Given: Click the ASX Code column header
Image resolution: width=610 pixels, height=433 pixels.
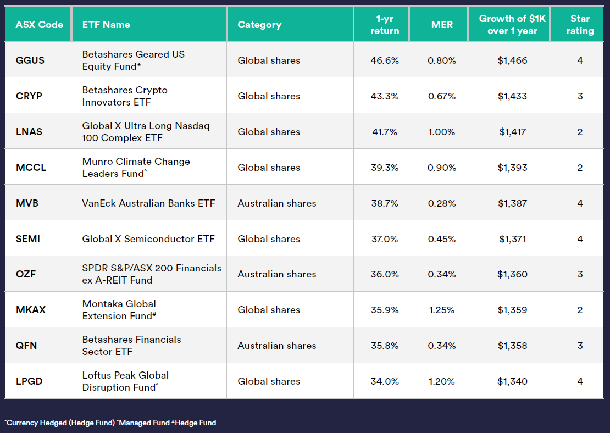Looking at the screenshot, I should (39, 25).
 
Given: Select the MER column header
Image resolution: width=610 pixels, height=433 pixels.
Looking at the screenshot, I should (442, 25).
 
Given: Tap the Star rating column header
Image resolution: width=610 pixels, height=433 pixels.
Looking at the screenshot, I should (580, 25).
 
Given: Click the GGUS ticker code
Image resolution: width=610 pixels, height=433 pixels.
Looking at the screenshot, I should (30, 60).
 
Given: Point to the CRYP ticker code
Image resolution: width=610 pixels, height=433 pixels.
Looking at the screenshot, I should (29, 96).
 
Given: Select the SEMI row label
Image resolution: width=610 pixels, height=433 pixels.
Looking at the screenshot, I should (28, 239).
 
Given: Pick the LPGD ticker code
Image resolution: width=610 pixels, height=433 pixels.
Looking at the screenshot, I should (29, 381).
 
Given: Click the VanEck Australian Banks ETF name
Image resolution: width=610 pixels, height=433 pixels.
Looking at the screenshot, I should (148, 203).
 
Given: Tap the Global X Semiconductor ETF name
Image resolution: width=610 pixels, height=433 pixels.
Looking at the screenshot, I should (148, 239).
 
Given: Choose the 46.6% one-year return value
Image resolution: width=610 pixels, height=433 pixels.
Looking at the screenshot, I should (385, 60).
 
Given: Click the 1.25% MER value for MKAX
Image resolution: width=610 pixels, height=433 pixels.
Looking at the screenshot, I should (442, 310).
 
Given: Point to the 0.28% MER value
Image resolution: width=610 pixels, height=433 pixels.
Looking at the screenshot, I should (442, 203).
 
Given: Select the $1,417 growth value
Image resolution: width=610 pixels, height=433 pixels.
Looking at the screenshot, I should (512, 132).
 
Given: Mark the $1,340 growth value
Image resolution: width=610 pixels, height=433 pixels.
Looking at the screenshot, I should (512, 381).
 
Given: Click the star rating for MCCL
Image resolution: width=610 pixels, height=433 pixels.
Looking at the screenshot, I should (580, 168).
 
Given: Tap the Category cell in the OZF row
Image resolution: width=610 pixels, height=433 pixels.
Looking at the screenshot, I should (277, 274).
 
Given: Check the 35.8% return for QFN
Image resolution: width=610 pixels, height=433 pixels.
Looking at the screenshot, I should (385, 346).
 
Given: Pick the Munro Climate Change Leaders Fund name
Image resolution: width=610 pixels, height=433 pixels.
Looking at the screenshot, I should (136, 168).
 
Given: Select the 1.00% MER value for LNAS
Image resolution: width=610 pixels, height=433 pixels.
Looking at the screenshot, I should (442, 132).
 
